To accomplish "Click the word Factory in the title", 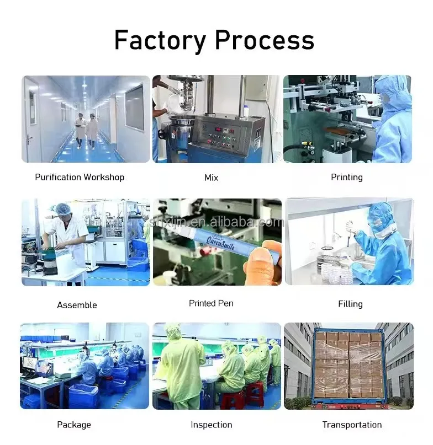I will [x=160, y=40].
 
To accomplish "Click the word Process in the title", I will [x=264, y=40].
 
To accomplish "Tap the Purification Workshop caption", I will [x=80, y=177].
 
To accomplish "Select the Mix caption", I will [x=211, y=178].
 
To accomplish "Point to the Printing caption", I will [x=347, y=177].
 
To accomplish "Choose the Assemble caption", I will [x=77, y=305].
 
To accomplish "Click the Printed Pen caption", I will [x=211, y=303].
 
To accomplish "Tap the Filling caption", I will [x=350, y=304].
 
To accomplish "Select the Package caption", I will [x=73, y=425].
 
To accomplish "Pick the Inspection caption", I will [x=211, y=425].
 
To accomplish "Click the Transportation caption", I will [x=352, y=425].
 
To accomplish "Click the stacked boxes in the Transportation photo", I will [x=348, y=364].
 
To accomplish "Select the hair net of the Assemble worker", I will [x=62, y=209].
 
